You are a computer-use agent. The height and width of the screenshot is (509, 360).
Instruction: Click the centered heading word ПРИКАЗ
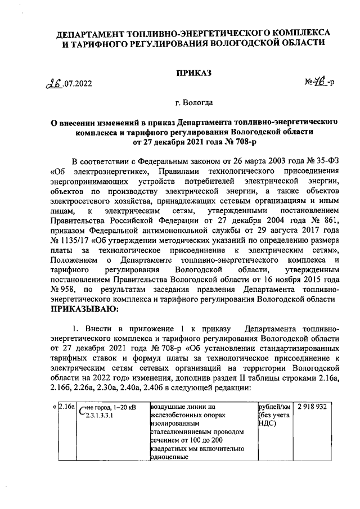[x=194, y=74]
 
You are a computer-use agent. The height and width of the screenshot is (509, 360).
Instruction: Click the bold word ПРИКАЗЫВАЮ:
[x=84, y=309]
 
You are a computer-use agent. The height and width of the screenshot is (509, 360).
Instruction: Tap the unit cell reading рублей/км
[x=274, y=406]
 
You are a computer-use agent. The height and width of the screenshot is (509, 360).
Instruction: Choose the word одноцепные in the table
[x=170, y=457]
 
